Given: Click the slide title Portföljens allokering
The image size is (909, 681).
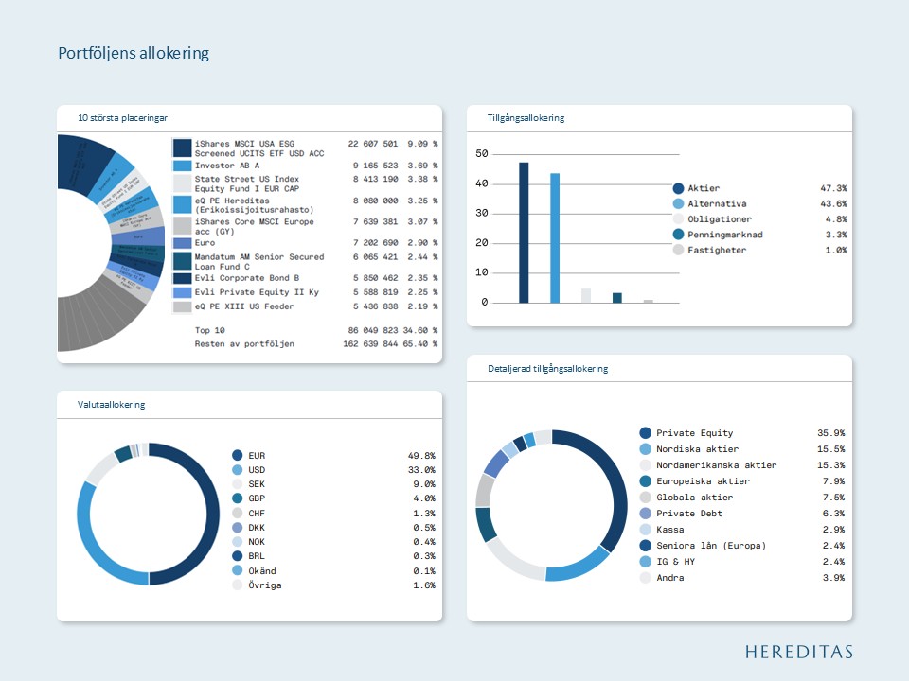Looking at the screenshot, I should tap(134, 53).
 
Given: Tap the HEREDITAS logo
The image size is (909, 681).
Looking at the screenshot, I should tap(798, 651).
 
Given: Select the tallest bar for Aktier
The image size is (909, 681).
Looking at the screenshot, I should tap(524, 233).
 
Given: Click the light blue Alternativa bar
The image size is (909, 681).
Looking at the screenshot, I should tap(555, 238).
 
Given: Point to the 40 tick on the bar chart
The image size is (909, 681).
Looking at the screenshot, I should tap(482, 183).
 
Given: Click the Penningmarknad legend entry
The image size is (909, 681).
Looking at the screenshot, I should tap(724, 235).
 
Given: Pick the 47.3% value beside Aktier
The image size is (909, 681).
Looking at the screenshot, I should tap(833, 188).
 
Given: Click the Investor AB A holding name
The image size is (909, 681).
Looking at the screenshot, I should tap(226, 166).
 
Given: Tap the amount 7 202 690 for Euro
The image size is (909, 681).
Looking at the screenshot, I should tap(373, 243).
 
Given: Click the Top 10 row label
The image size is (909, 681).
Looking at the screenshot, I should tap(209, 330).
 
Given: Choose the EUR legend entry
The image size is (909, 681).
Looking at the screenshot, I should tap(257, 455).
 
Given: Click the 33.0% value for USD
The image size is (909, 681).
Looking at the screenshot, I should tap(421, 469).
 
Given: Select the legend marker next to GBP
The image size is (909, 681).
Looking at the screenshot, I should tap(238, 498).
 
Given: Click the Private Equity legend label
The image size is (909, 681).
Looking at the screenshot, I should tap(694, 433).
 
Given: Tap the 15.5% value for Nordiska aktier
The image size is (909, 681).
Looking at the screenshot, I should tap(830, 449).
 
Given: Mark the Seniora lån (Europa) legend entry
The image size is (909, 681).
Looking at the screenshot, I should tap(711, 546).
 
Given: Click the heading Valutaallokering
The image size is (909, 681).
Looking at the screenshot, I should tap(112, 405).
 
